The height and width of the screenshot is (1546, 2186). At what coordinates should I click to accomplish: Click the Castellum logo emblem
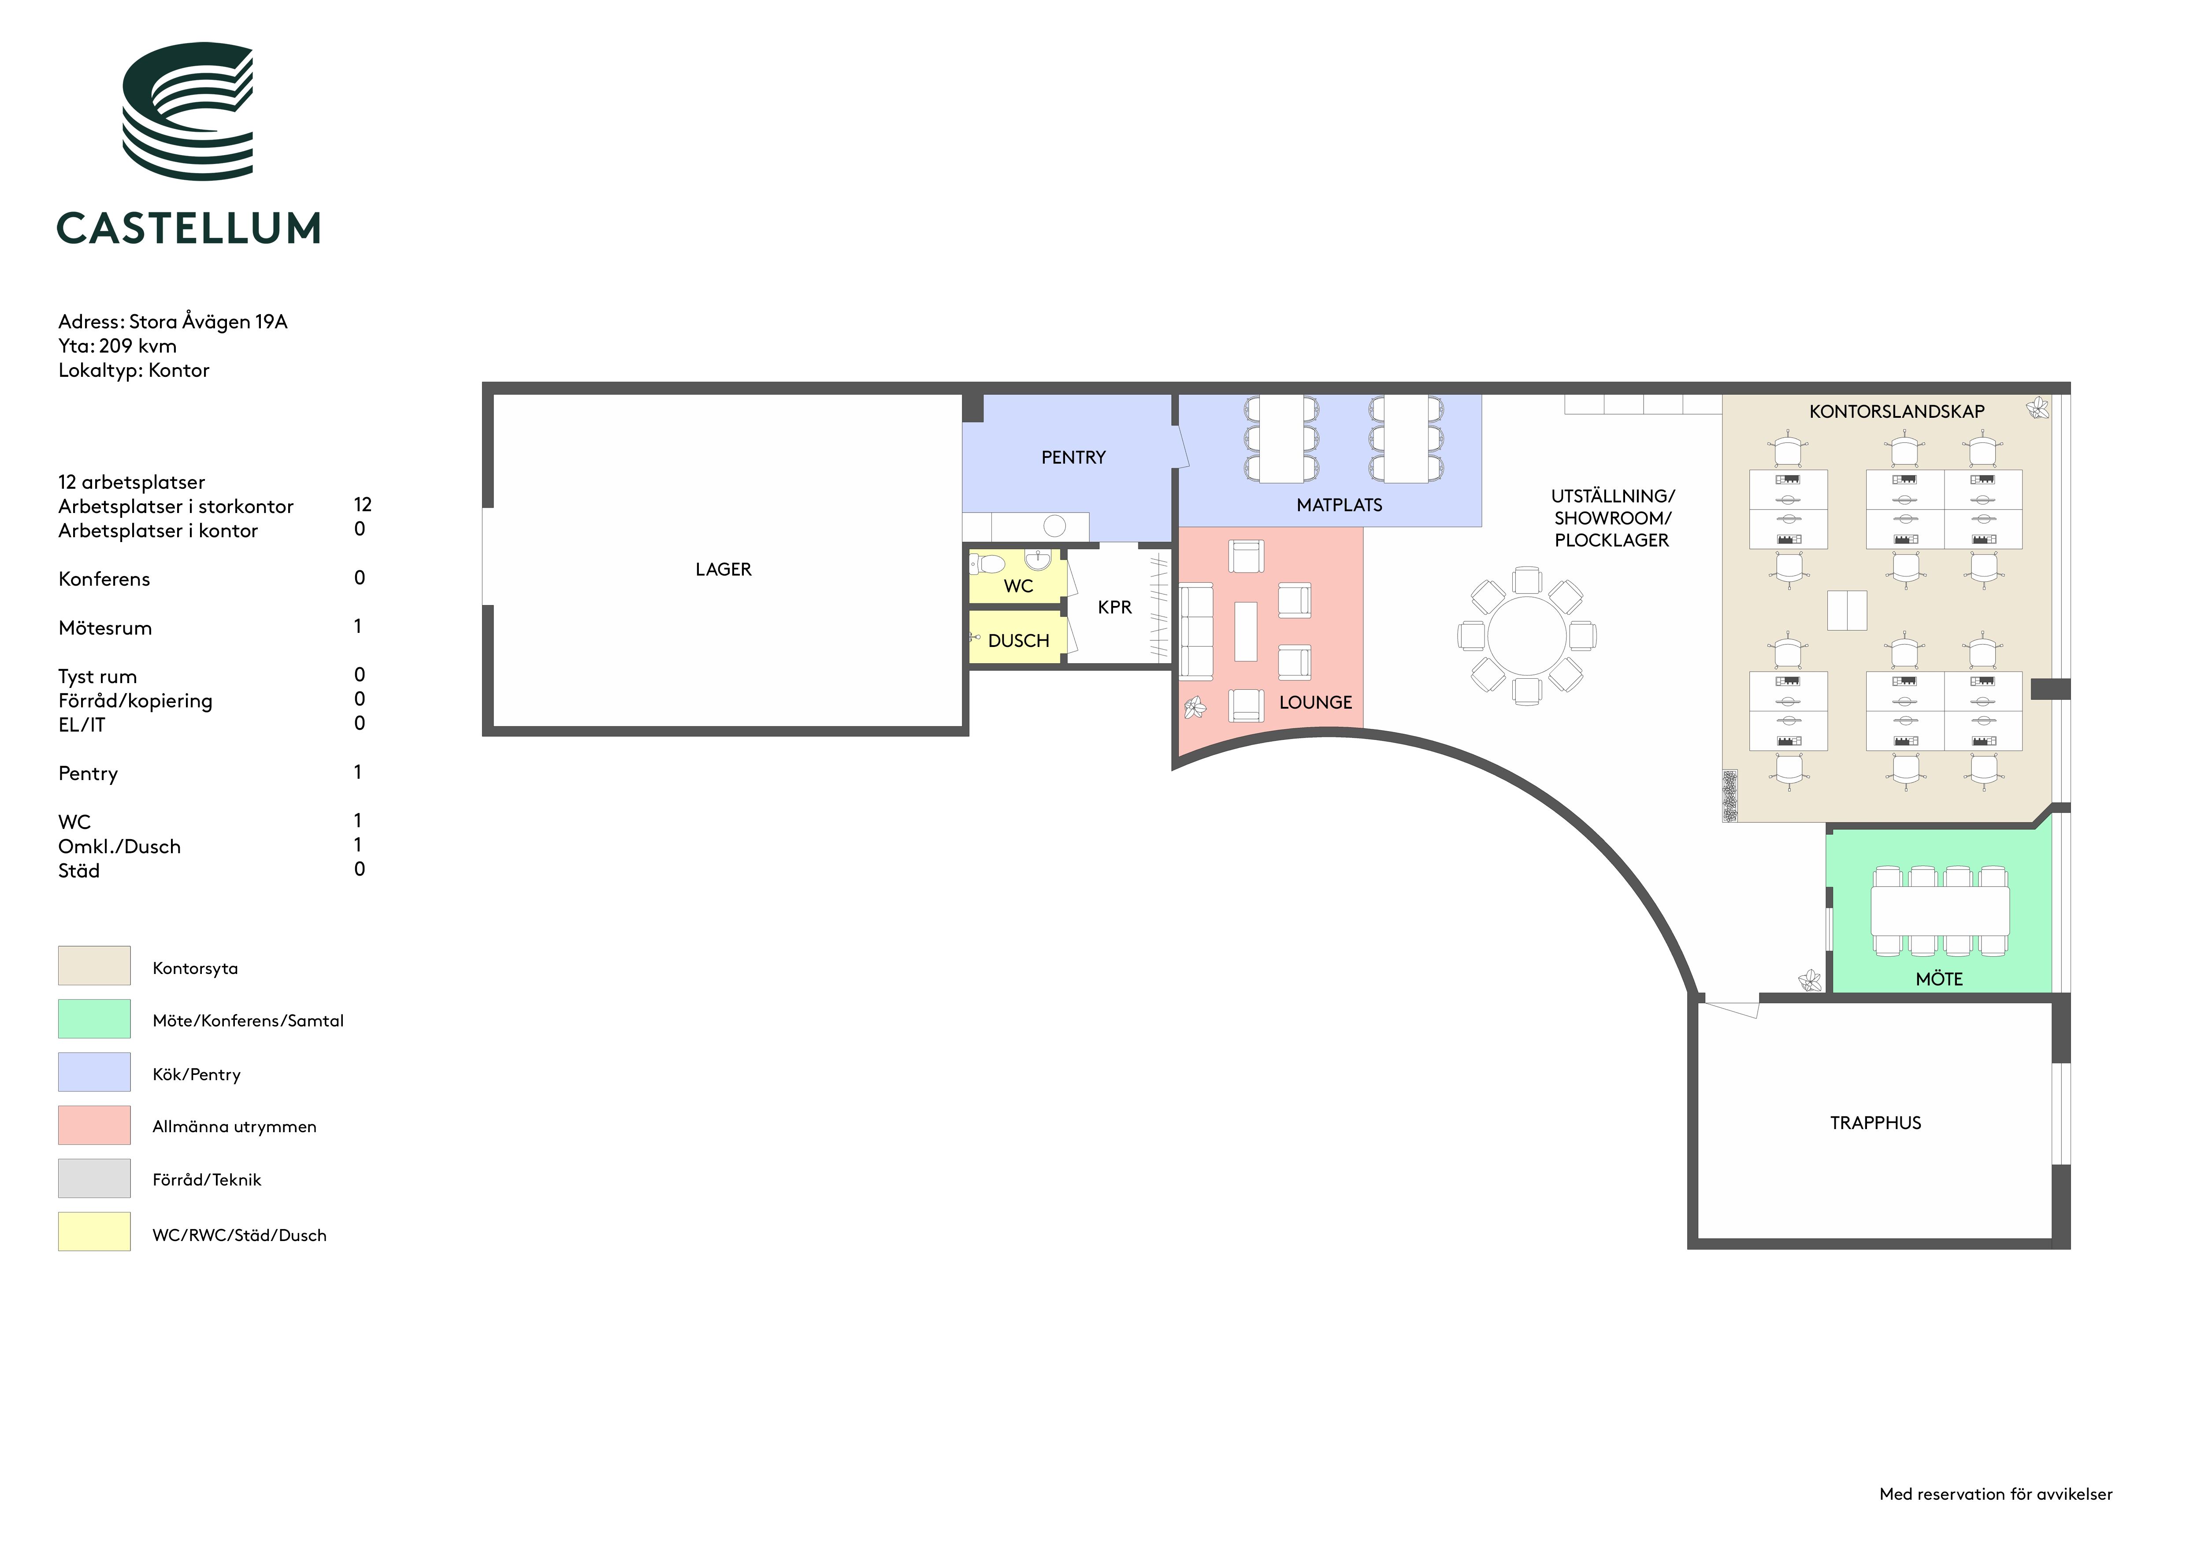pos(188,111)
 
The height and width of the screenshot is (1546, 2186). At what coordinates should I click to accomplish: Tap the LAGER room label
pos(724,569)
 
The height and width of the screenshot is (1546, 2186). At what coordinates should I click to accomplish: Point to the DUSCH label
pos(1019,641)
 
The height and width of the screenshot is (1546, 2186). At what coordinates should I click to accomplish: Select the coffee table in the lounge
pos(1245,631)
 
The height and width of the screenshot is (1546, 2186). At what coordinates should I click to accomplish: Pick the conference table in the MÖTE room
pos(1939,911)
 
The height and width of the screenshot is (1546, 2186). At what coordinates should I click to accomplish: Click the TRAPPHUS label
pos(1876,1123)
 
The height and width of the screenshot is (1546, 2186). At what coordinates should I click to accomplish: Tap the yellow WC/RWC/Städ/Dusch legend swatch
pos(94,1231)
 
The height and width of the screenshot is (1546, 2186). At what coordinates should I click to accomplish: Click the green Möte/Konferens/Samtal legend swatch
pos(94,1018)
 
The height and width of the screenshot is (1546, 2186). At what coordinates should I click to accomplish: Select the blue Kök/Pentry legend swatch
pos(94,1072)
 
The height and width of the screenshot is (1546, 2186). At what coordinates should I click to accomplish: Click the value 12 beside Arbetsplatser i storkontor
pos(363,505)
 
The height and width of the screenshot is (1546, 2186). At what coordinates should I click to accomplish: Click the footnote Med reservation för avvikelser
pos(1996,1494)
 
